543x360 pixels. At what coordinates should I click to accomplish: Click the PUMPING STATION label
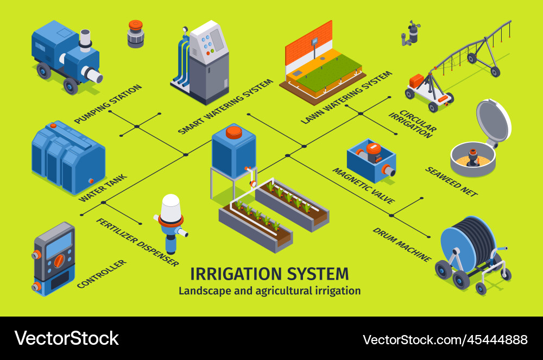pos(108,104)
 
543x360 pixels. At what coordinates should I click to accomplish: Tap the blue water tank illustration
pos(67,158)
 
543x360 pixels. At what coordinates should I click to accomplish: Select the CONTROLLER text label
pos(102,274)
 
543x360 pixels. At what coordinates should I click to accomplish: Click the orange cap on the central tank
pos(233,131)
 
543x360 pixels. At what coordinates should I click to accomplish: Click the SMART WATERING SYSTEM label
pos(225,106)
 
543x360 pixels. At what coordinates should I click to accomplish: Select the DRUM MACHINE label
pos(401,244)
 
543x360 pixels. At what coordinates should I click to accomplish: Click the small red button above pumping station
pos(135,26)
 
